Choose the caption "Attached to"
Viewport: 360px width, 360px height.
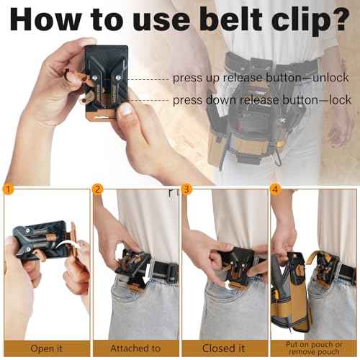click(135, 348)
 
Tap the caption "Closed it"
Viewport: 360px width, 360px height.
click(224, 348)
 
